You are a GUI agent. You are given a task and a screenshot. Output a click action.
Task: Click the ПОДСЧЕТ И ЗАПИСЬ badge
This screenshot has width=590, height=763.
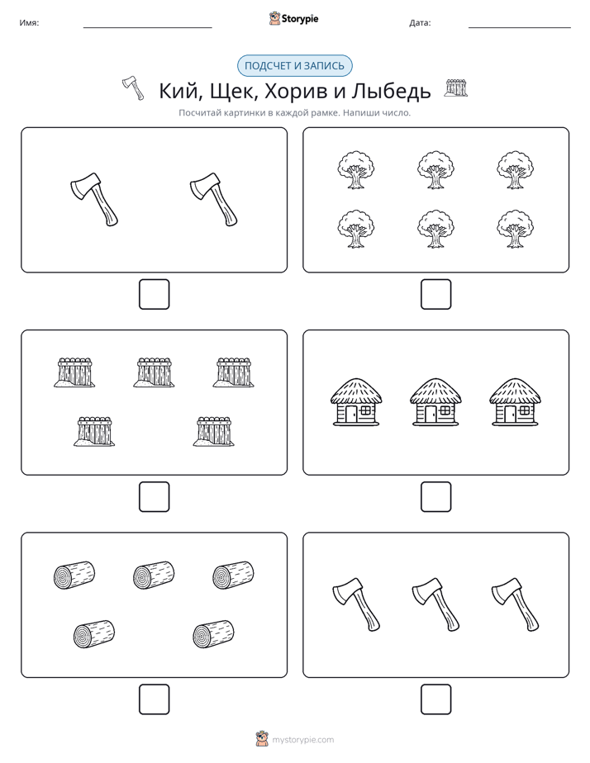pyautogui.click(x=294, y=66)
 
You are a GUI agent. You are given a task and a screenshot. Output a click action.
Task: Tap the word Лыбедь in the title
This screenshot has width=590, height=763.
pyautogui.click(x=392, y=91)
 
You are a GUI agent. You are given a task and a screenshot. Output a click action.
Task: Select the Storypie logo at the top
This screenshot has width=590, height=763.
pyautogui.click(x=294, y=18)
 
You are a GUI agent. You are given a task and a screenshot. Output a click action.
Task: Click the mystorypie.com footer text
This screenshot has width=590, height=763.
pyautogui.click(x=302, y=740)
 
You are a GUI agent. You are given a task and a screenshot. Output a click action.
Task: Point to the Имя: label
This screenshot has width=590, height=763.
pyautogui.click(x=29, y=22)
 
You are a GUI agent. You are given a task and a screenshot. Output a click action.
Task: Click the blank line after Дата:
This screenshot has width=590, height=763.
pyautogui.click(x=520, y=27)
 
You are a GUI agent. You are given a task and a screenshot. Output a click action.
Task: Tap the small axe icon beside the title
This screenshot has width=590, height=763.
pyautogui.click(x=133, y=88)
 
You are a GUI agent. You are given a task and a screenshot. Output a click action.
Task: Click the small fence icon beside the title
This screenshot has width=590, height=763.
pyautogui.click(x=456, y=88)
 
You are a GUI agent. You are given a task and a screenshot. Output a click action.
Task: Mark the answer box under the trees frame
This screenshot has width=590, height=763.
pyautogui.click(x=435, y=294)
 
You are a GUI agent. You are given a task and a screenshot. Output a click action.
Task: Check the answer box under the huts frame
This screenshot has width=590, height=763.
pyautogui.click(x=435, y=496)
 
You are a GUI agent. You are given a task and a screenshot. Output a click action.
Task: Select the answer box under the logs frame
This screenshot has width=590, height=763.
pyautogui.click(x=155, y=699)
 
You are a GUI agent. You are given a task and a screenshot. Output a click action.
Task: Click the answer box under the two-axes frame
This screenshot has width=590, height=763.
pyautogui.click(x=155, y=294)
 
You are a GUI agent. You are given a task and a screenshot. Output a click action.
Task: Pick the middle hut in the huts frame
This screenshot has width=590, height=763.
pyautogui.click(x=435, y=402)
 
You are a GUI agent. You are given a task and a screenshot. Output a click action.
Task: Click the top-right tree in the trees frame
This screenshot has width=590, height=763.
pyautogui.click(x=515, y=170)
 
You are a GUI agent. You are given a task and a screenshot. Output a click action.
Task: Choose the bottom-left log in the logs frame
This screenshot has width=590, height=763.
pyautogui.click(x=94, y=634)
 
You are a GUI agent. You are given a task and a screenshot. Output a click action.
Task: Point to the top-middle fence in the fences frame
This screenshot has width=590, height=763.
pyautogui.click(x=154, y=372)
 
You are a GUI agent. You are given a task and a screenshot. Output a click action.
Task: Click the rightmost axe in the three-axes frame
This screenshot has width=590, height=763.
pyautogui.click(x=515, y=604)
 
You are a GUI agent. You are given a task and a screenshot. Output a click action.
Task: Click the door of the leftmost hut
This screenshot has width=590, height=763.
pyautogui.click(x=351, y=414)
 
